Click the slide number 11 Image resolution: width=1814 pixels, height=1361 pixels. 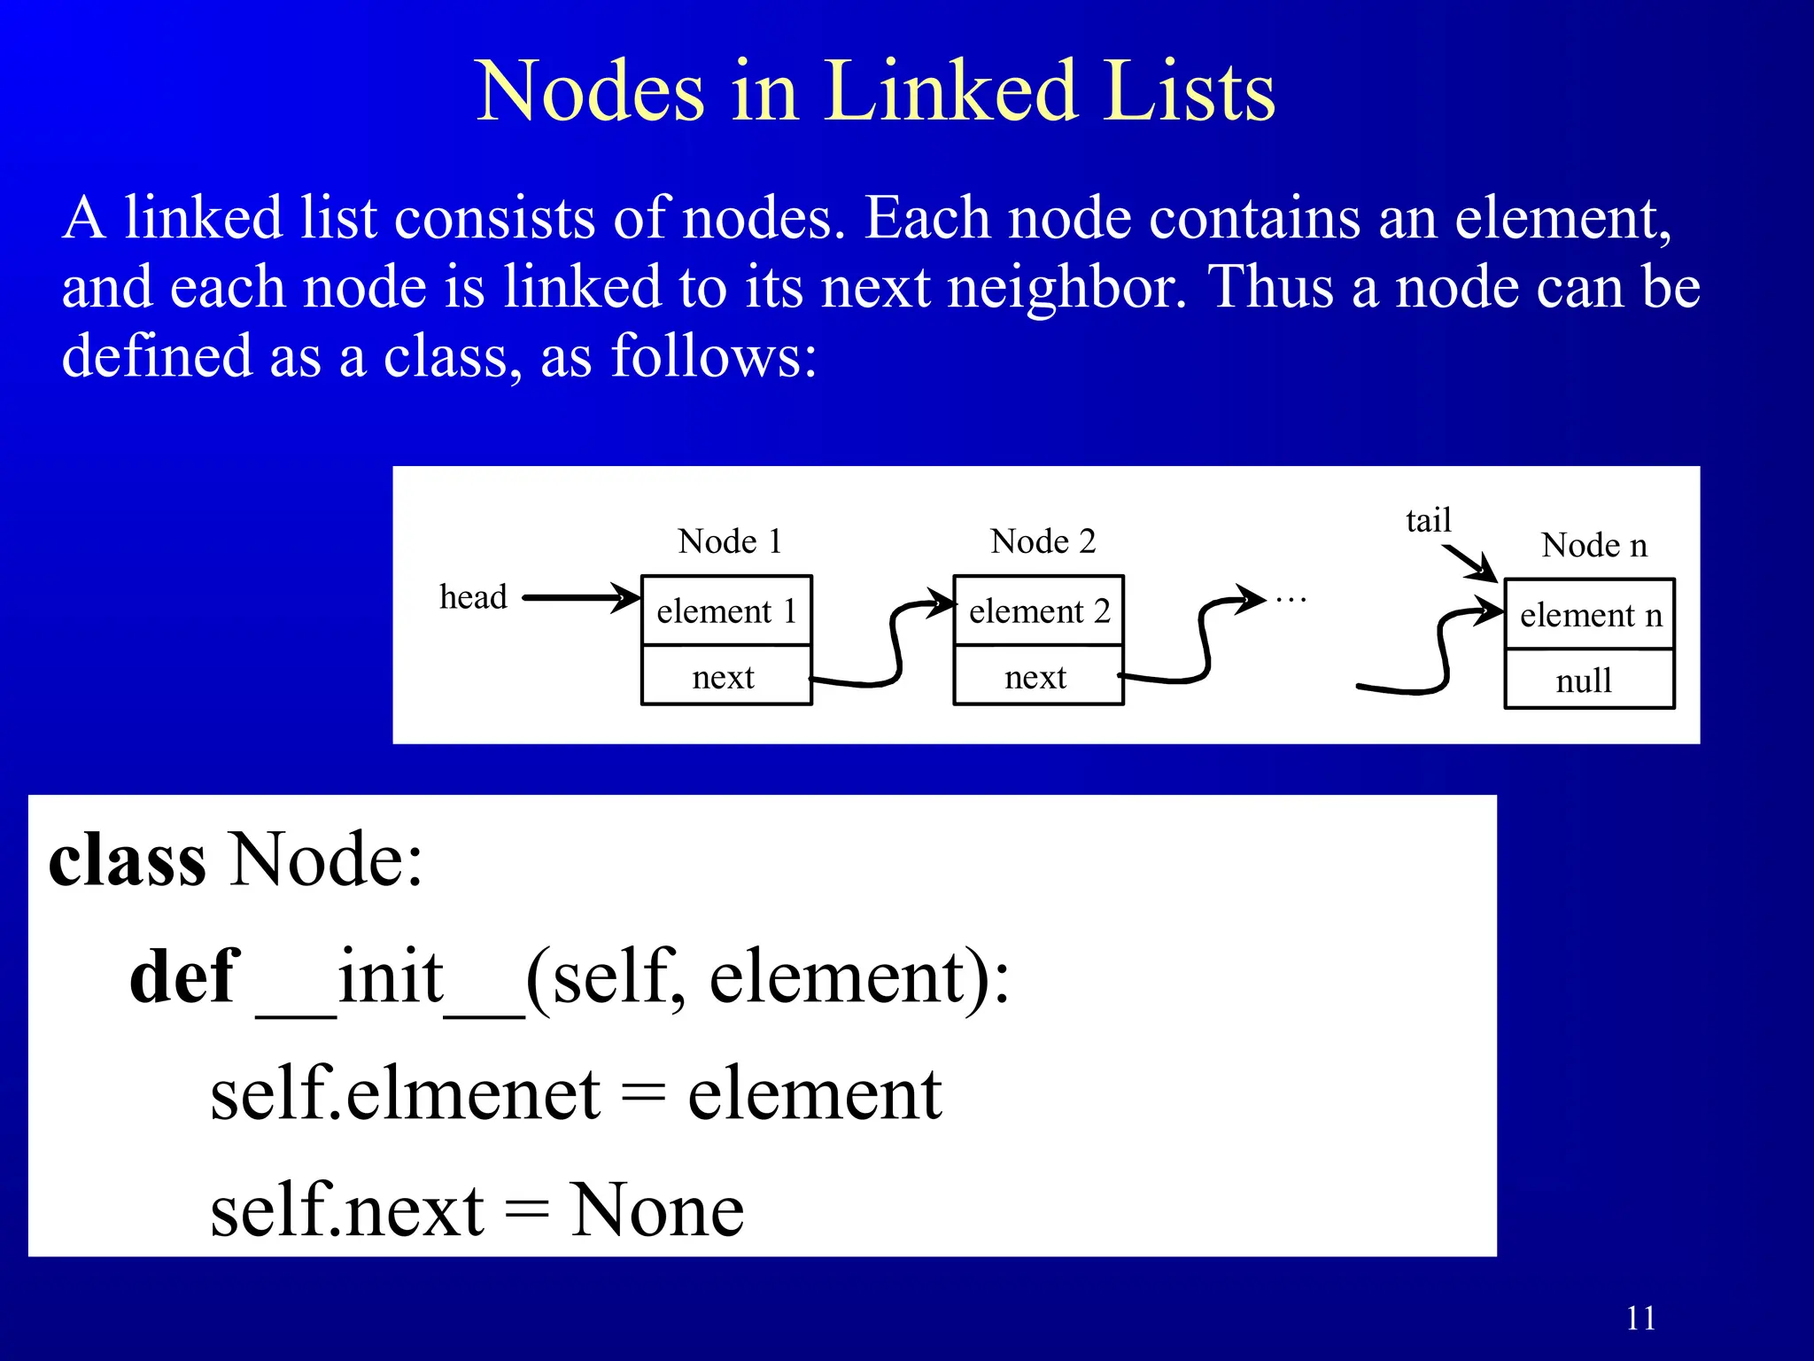click(1640, 1318)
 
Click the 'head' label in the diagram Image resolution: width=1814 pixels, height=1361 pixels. click(473, 597)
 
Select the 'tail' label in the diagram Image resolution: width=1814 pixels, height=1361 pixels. click(1428, 520)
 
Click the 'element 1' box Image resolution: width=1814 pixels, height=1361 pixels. click(726, 611)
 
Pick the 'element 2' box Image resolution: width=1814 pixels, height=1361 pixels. click(1038, 611)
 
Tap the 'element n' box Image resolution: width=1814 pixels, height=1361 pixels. click(1590, 615)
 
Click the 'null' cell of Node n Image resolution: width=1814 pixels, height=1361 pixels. click(1584, 680)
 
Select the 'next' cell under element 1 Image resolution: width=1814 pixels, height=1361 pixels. click(724, 677)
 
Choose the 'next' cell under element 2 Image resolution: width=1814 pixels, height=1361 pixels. click(1035, 677)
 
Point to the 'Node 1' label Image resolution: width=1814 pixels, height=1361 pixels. click(730, 541)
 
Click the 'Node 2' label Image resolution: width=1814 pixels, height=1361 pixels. click(1043, 541)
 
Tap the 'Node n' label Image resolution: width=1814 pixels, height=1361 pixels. click(1593, 545)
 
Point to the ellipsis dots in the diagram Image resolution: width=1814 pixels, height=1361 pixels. click(1291, 601)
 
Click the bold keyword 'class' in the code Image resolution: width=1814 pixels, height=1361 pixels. click(128, 860)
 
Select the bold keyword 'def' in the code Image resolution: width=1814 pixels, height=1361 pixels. click(184, 976)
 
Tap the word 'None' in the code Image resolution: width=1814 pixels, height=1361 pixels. click(656, 1210)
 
